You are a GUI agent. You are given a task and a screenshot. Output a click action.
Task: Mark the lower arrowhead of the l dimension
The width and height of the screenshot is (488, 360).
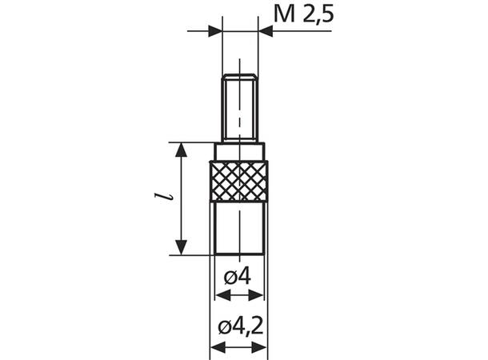pyautogui.click(x=183, y=247)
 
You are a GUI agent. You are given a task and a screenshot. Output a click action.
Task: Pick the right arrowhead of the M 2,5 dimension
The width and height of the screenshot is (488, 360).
pyautogui.click(x=266, y=32)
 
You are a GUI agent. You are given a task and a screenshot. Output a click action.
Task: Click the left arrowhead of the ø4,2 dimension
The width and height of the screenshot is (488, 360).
pyautogui.click(x=216, y=349)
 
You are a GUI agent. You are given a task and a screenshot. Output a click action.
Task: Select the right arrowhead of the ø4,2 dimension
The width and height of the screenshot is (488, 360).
pyautogui.click(x=262, y=349)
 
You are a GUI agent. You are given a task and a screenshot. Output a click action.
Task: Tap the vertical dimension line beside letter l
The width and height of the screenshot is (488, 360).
pyautogui.click(x=183, y=200)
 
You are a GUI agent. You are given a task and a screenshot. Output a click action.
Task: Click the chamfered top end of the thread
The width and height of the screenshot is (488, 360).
pyautogui.click(x=239, y=77)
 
